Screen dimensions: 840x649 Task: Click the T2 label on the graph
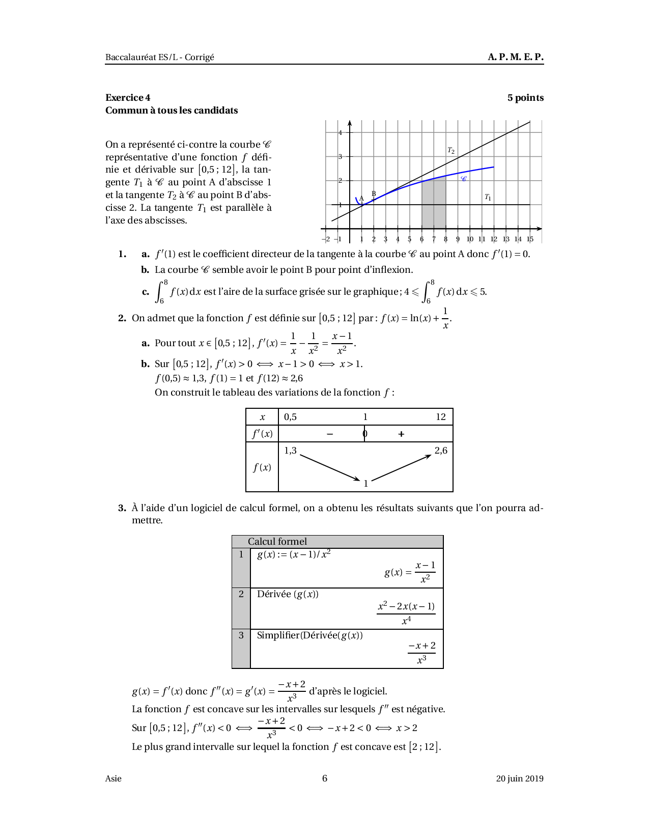point(451,150)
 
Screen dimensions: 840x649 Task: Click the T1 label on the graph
point(488,197)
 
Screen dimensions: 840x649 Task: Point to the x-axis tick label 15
point(530,239)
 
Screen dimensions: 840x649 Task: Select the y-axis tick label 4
point(341,133)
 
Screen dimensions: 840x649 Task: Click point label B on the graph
point(374,193)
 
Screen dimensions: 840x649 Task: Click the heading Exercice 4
point(128,98)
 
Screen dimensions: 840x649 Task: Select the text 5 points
point(525,98)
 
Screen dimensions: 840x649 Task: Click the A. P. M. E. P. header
point(516,57)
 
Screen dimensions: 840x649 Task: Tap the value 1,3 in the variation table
point(290,451)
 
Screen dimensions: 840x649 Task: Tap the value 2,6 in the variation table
point(441,451)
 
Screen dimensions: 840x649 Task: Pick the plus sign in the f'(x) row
point(401,434)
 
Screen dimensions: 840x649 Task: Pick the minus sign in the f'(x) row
point(330,434)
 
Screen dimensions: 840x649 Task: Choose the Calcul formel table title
point(277,542)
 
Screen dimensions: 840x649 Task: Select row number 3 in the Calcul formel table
point(241,635)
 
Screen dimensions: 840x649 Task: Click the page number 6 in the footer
point(325,778)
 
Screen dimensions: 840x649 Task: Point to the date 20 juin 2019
point(520,778)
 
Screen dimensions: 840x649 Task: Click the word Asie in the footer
point(114,778)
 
